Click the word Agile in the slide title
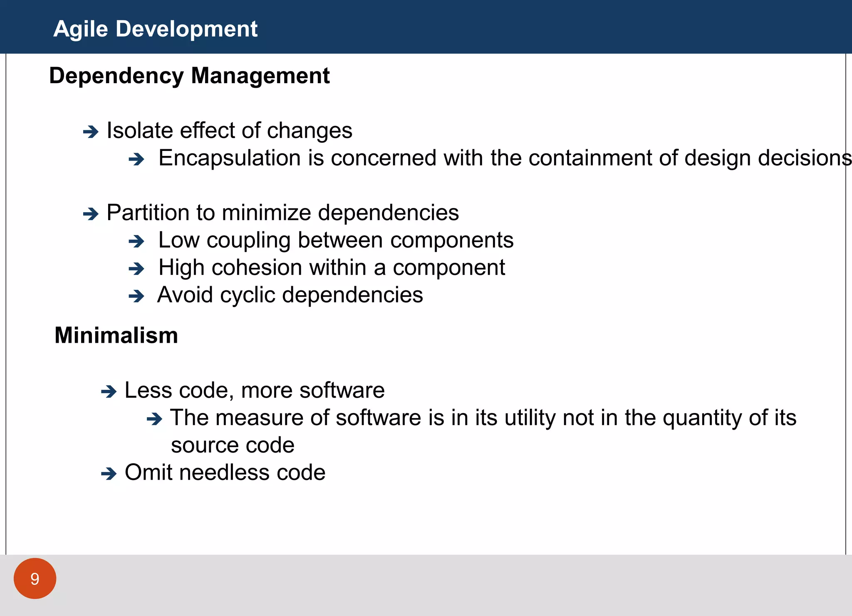80,29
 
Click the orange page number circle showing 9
35,579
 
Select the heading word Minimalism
116,335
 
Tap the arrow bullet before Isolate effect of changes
90,132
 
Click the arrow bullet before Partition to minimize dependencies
90,214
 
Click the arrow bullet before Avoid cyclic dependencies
136,297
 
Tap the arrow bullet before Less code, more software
109,391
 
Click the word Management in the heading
260,76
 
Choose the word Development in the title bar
186,29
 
